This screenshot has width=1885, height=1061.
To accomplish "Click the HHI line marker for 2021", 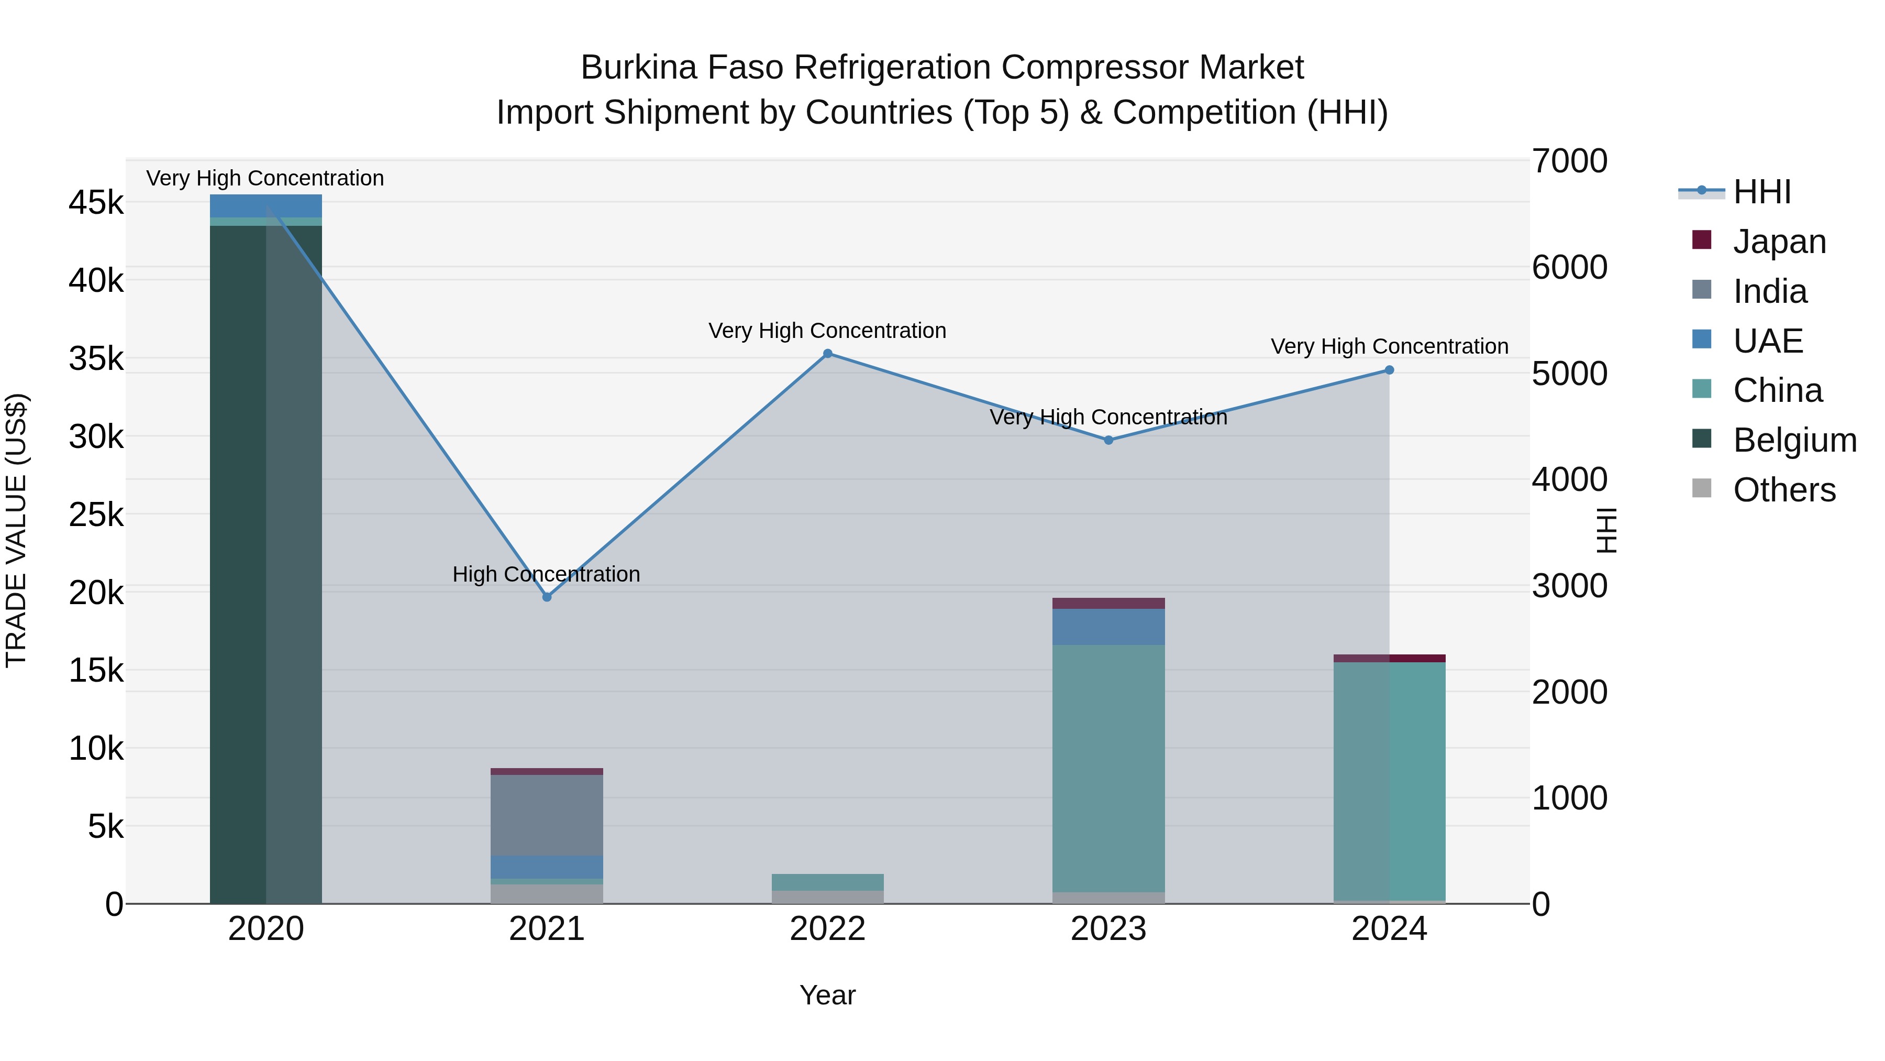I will click(x=547, y=597).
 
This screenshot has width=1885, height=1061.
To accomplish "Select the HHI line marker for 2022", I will click(x=828, y=354).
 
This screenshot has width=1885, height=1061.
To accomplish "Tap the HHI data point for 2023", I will click(x=1108, y=440).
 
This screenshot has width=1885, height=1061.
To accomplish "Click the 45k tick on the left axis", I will click(x=96, y=203).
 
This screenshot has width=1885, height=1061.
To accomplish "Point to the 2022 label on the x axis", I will click(x=828, y=929).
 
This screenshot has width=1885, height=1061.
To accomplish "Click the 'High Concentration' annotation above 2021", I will click(x=546, y=574).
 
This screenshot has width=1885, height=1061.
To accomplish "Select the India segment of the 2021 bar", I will click(x=547, y=814).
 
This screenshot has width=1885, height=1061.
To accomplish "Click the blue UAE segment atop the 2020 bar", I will click(x=265, y=206).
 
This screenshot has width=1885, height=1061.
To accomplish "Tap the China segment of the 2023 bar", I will click(x=1108, y=768).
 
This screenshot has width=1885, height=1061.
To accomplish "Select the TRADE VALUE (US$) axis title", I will click(x=16, y=530).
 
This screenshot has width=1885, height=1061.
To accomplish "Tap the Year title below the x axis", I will click(x=828, y=995).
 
